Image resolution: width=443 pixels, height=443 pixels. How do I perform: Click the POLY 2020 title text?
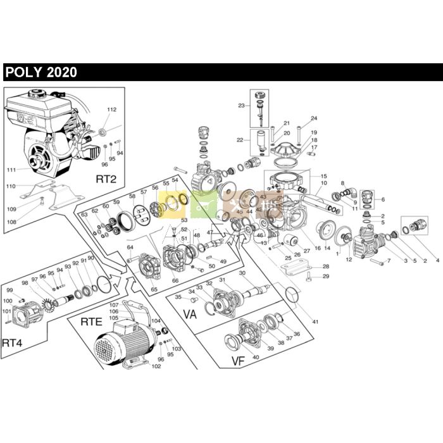(x=41, y=72)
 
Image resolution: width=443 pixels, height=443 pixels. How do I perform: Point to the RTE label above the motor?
(x=91, y=322)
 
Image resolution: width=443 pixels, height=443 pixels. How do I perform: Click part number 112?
(x=111, y=109)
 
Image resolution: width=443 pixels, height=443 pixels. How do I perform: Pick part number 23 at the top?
(x=241, y=106)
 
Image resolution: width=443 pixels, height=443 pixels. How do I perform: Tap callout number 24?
(x=314, y=119)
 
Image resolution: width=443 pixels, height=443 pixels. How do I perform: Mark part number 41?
(x=315, y=322)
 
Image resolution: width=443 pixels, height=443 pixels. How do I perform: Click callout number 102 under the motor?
(x=156, y=366)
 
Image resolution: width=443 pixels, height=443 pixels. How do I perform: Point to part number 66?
(x=175, y=280)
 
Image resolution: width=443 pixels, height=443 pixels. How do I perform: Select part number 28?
(x=326, y=266)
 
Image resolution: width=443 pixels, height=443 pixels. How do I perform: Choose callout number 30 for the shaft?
(x=242, y=273)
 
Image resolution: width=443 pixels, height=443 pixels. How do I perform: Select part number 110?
(x=10, y=187)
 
